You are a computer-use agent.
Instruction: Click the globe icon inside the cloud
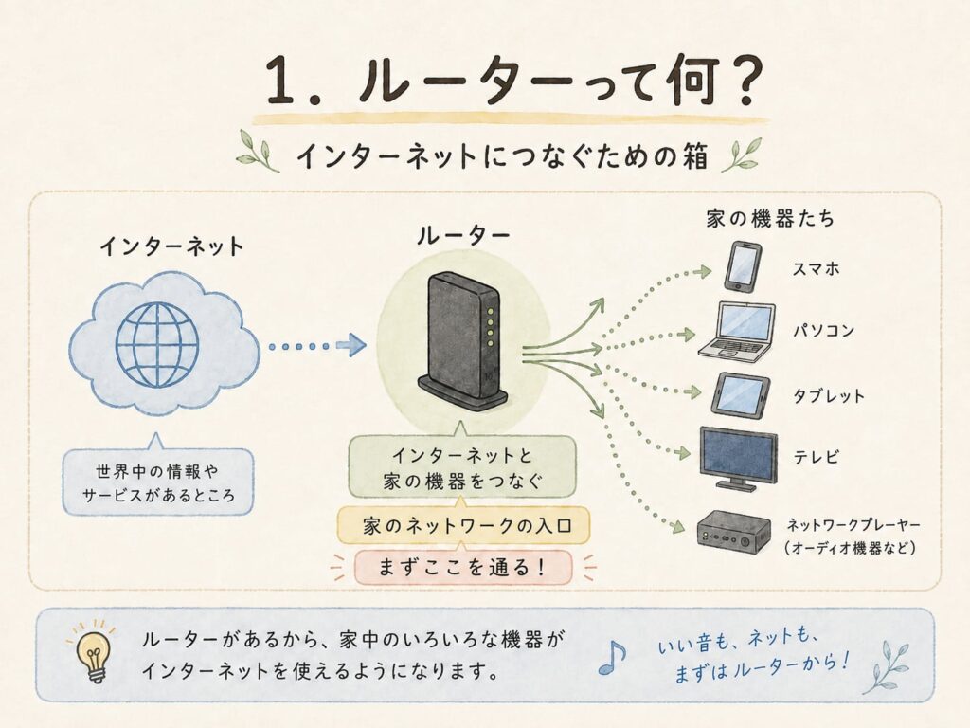pyautogui.click(x=157, y=345)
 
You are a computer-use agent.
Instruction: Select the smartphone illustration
pyautogui.click(x=743, y=267)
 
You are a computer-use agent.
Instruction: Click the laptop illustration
pyautogui.click(x=737, y=331)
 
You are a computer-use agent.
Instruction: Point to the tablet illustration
pyautogui.click(x=741, y=394)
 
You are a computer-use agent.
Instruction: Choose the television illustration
pyautogui.click(x=738, y=458)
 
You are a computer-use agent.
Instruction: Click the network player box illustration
pyautogui.click(x=734, y=531)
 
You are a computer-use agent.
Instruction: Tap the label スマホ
pyautogui.click(x=816, y=268)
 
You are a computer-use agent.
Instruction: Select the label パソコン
pyautogui.click(x=824, y=331)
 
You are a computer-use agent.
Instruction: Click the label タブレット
pyautogui.click(x=829, y=395)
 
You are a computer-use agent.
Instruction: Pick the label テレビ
pyautogui.click(x=816, y=457)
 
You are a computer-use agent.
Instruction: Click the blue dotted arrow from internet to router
pyautogui.click(x=317, y=345)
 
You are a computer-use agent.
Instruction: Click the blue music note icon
pyautogui.click(x=612, y=657)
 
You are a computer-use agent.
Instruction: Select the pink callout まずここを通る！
pyautogui.click(x=462, y=568)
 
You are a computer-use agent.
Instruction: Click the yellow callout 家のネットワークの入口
pyautogui.click(x=463, y=526)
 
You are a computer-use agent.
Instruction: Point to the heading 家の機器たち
pyautogui.click(x=770, y=219)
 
